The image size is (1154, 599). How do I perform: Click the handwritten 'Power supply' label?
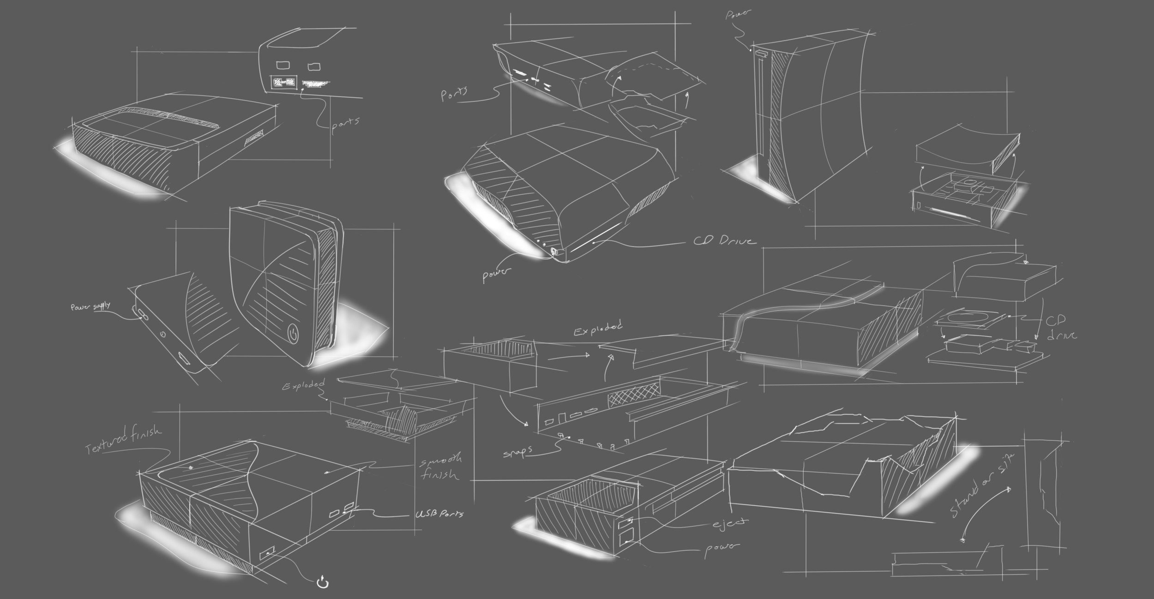tap(90, 306)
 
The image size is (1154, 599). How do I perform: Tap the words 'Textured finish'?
tap(124, 439)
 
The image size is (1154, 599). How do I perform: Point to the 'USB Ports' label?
tap(439, 514)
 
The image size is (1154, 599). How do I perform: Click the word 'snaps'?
tap(517, 451)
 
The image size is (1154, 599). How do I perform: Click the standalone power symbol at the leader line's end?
tap(323, 583)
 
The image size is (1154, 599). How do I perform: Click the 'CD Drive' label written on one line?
tap(725, 241)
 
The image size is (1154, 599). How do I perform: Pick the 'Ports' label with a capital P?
tap(454, 94)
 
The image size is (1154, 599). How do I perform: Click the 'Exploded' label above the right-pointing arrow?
tap(598, 329)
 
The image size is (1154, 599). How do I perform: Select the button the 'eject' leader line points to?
tap(626, 523)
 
